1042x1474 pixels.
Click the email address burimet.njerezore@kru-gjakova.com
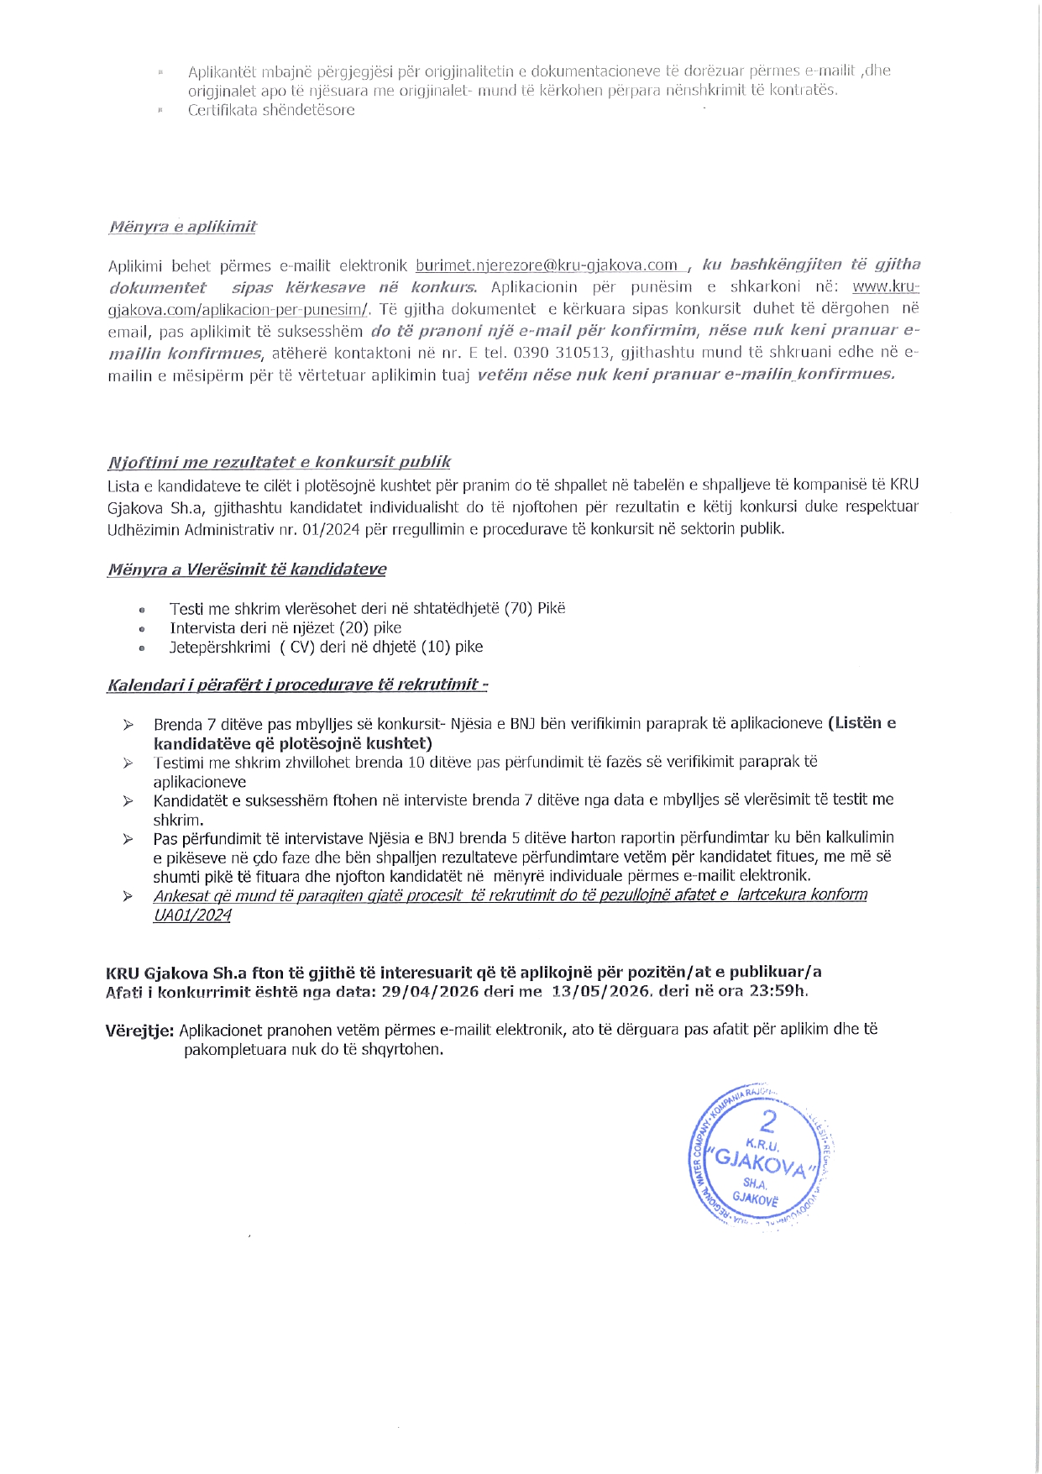pyautogui.click(x=547, y=265)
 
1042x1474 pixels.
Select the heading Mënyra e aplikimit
pyautogui.click(x=183, y=227)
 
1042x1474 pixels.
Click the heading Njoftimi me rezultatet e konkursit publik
pyautogui.click(x=279, y=462)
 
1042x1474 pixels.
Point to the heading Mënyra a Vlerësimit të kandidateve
pyautogui.click(x=247, y=569)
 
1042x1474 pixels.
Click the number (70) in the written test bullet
pyautogui.click(x=519, y=608)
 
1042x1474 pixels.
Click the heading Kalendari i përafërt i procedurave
pyautogui.click(x=296, y=685)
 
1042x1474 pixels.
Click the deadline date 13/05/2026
pyautogui.click(x=600, y=991)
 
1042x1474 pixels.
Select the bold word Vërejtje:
pyautogui.click(x=139, y=1031)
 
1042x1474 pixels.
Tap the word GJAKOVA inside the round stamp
pyautogui.click(x=762, y=1164)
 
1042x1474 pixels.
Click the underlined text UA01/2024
pyautogui.click(x=191, y=915)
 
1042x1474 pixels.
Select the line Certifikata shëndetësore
pyautogui.click(x=271, y=110)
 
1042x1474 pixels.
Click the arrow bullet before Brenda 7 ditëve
pyautogui.click(x=128, y=724)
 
